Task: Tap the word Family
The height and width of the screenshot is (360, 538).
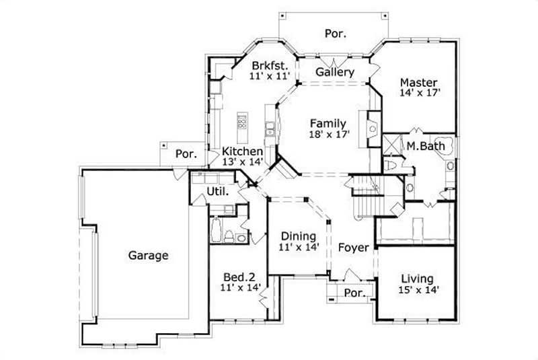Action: click(328, 123)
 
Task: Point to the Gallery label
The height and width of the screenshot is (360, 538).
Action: click(335, 72)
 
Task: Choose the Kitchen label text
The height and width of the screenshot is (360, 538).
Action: click(242, 151)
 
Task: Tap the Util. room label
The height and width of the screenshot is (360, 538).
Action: click(217, 191)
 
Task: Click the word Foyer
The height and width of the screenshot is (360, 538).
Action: click(353, 248)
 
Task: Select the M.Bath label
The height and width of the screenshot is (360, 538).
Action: click(423, 145)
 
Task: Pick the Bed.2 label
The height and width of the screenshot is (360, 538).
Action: click(239, 276)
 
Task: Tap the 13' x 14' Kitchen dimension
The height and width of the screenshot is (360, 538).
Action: click(242, 161)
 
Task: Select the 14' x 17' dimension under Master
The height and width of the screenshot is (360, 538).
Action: click(419, 94)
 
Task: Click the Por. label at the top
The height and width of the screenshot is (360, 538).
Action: click(335, 33)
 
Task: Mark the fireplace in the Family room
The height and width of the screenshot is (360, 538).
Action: click(372, 127)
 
